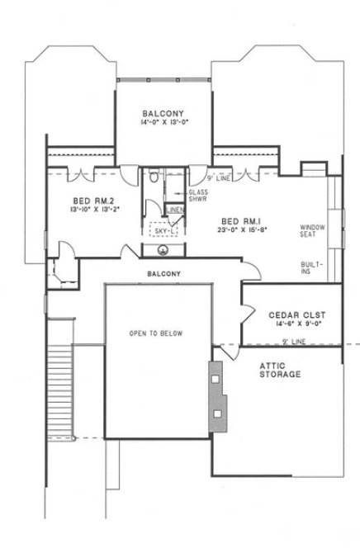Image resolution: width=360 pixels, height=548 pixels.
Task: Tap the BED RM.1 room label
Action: point(240,220)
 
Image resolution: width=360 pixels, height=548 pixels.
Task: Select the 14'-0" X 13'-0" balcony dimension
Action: point(162,122)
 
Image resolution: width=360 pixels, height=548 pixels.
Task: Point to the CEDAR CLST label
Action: point(291,316)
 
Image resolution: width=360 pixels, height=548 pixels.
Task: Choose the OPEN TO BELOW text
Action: point(155,334)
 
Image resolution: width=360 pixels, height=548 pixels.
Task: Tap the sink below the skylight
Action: point(161,250)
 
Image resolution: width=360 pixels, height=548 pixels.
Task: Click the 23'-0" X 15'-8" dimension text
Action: point(240,230)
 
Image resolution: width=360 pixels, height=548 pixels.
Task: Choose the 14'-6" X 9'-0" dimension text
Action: point(291,326)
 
